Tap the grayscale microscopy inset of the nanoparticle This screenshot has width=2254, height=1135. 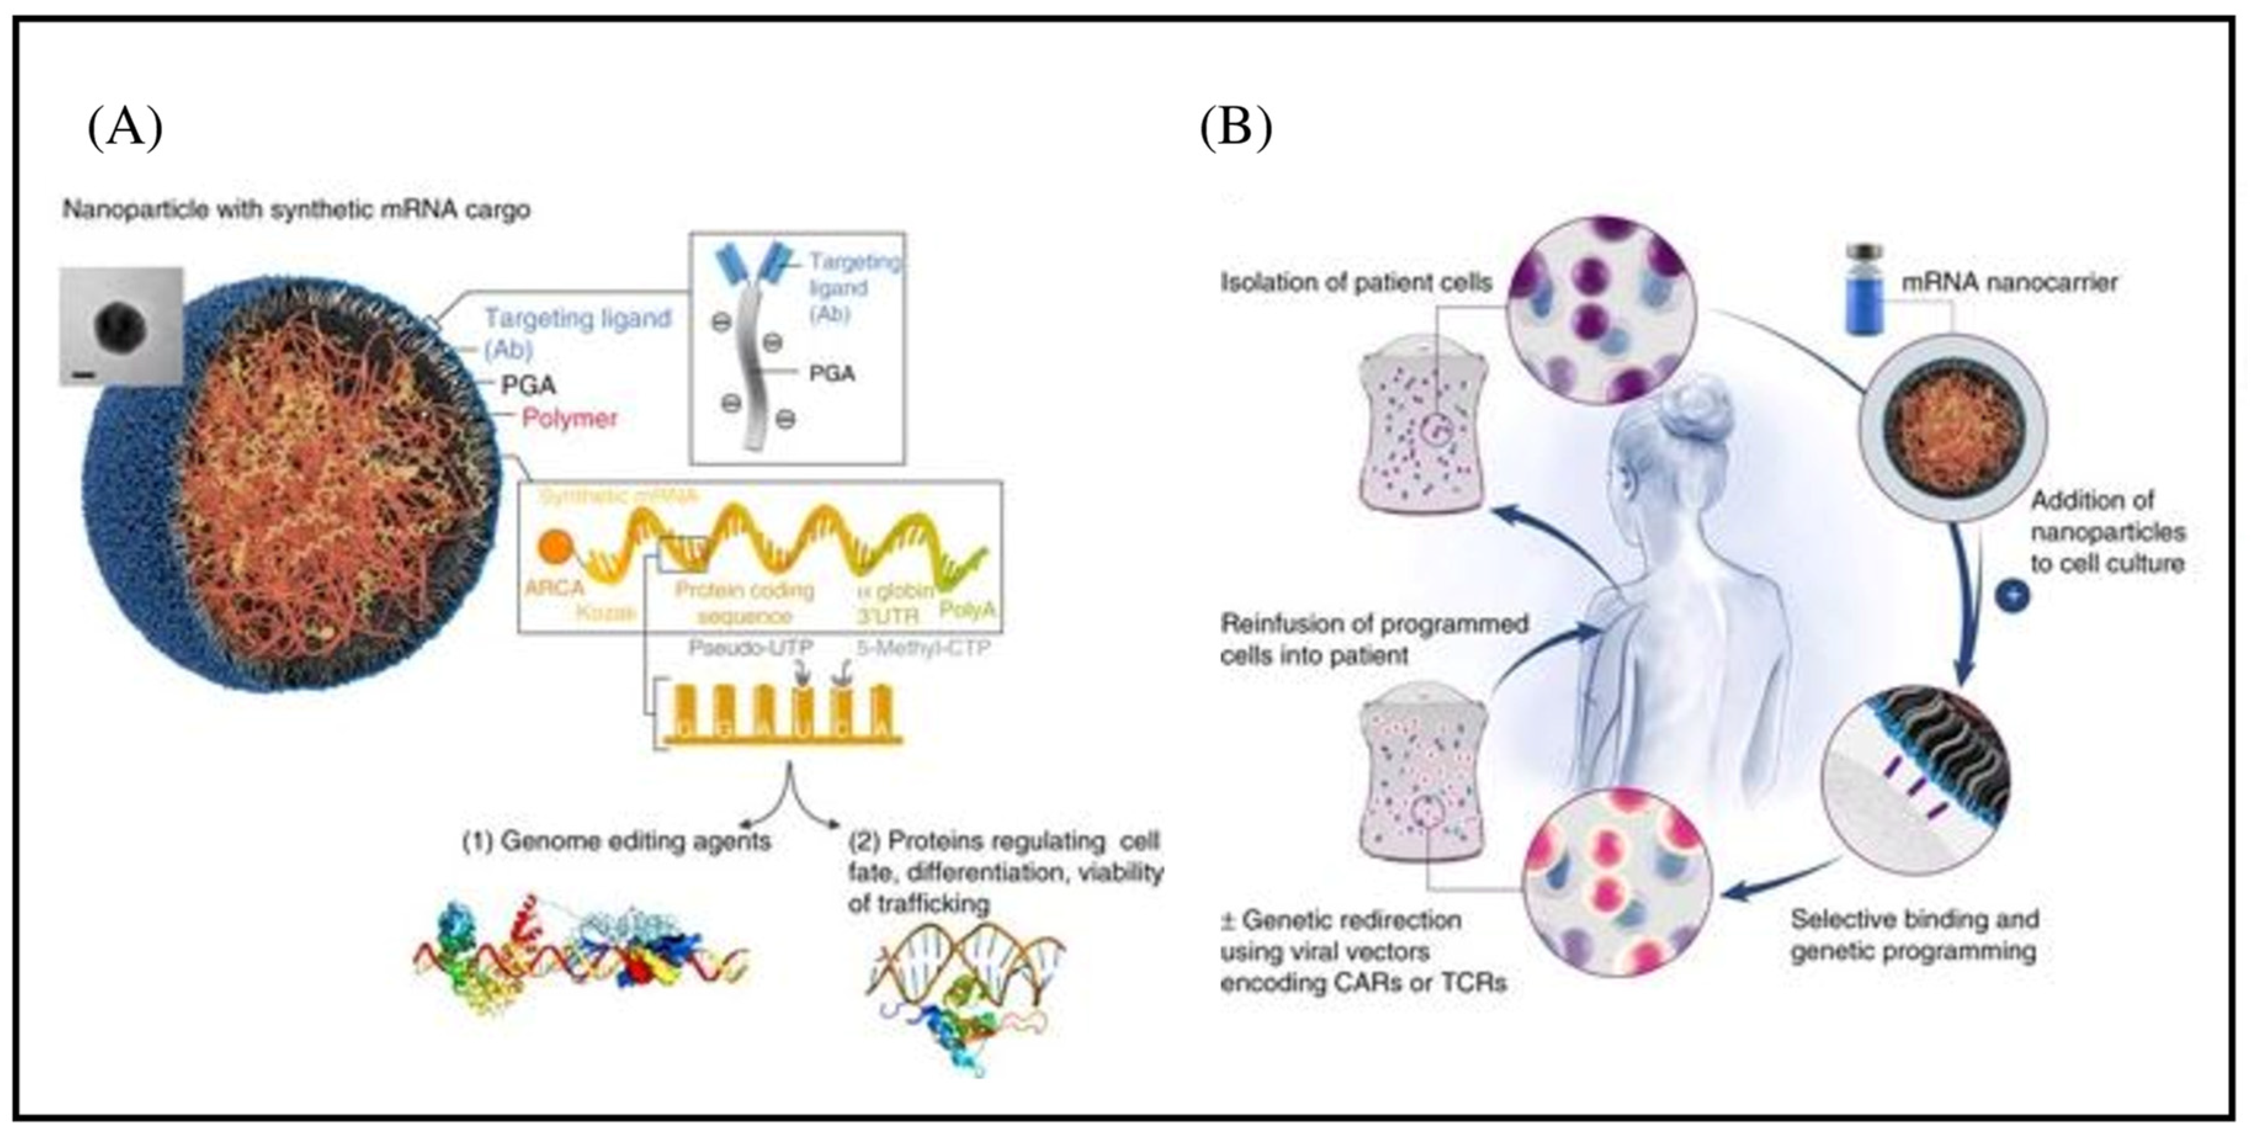point(121,326)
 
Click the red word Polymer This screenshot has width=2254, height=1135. point(570,418)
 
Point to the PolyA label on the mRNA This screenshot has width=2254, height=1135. point(967,608)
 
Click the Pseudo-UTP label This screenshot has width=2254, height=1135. point(751,648)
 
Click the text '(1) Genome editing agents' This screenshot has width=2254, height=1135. point(617,841)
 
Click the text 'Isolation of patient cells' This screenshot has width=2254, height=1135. point(1355,283)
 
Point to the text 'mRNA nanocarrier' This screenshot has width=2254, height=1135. point(2009,283)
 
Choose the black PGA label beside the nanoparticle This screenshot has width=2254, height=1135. point(528,385)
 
